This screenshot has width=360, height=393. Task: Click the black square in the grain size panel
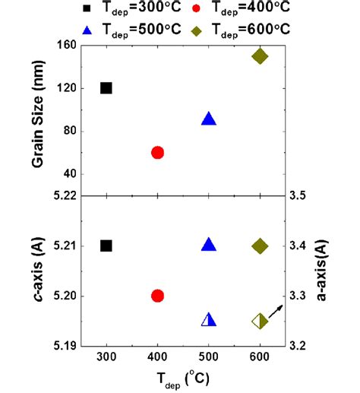click(x=106, y=88)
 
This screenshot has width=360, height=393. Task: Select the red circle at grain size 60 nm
click(x=158, y=152)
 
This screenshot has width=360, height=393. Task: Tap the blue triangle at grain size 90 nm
click(x=209, y=119)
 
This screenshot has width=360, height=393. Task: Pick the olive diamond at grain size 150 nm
click(x=260, y=56)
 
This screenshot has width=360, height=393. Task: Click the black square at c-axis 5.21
click(x=106, y=246)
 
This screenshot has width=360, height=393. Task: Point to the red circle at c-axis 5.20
click(x=158, y=296)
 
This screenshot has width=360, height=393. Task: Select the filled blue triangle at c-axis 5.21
click(x=209, y=245)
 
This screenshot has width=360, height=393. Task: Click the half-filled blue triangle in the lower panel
click(x=209, y=320)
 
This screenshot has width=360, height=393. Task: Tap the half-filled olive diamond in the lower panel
click(x=260, y=321)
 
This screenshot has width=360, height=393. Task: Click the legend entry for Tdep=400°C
click(x=238, y=9)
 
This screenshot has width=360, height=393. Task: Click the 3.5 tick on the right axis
click(x=298, y=195)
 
